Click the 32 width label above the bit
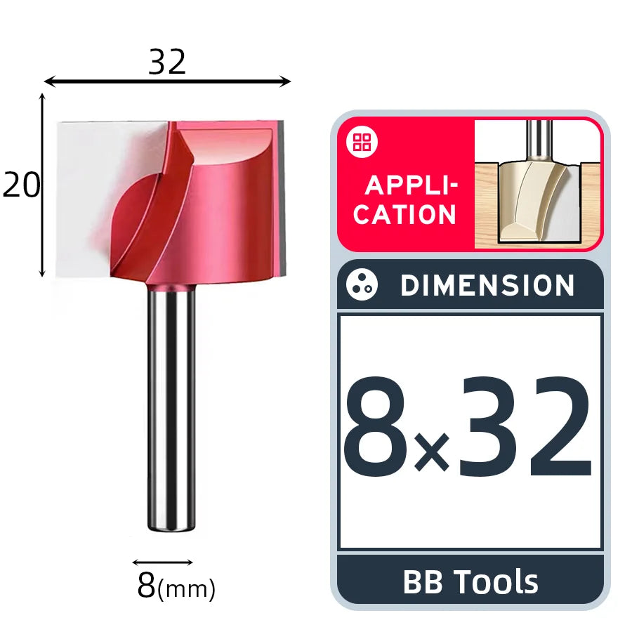[x=167, y=62]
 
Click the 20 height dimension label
[x=21, y=185]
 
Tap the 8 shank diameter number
[x=146, y=585]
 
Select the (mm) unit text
[x=186, y=589]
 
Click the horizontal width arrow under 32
[x=167, y=81]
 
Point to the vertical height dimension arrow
[x=42, y=185]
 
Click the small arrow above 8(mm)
[x=162, y=562]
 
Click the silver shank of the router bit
[x=171, y=407]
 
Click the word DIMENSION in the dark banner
[x=487, y=285]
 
